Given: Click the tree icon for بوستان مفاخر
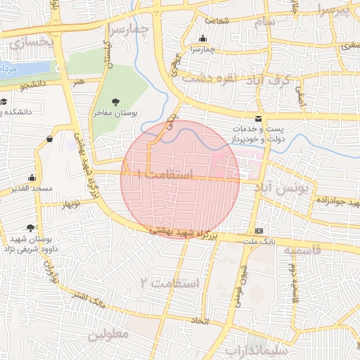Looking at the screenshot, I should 115,102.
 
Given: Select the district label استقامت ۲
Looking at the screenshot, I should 169,283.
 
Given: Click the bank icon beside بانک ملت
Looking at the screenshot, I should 259,231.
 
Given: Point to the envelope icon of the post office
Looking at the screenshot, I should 259,118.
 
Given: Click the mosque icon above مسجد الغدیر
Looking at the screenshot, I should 32,178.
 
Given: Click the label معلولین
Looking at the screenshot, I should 109,335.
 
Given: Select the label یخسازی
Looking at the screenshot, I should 30,43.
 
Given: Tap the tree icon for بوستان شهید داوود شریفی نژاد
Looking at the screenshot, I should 30,227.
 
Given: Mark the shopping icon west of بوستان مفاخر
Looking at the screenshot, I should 49,139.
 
